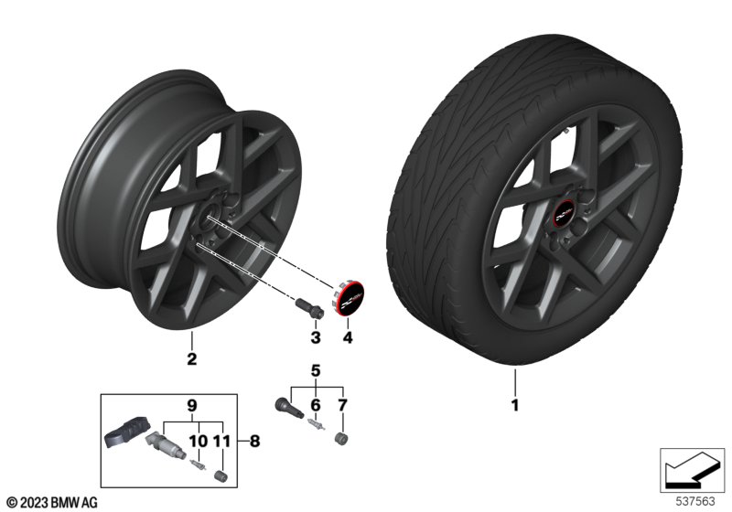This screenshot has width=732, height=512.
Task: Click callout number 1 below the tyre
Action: point(515,405)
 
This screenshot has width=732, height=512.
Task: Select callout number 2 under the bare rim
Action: point(191,358)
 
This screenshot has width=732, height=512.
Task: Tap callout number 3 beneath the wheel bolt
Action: point(316,337)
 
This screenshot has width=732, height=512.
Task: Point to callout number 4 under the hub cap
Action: point(348,337)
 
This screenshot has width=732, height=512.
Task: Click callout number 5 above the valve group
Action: point(316,370)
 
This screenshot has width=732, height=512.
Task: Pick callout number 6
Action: point(316,405)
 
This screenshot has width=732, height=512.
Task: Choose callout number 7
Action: point(342,405)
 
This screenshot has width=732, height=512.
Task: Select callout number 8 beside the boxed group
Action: point(254,441)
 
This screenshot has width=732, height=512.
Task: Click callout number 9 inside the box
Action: point(192,405)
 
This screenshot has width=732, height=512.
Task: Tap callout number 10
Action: point(198,441)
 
